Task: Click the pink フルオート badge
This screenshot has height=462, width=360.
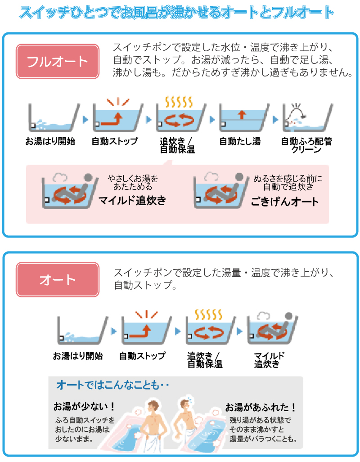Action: (x=57, y=61)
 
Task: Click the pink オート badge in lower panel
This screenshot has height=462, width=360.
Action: (x=57, y=279)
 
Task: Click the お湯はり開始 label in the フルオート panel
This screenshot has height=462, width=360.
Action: (x=50, y=141)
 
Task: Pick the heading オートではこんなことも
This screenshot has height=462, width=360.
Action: (x=112, y=385)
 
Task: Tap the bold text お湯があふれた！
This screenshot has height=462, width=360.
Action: (x=261, y=408)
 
